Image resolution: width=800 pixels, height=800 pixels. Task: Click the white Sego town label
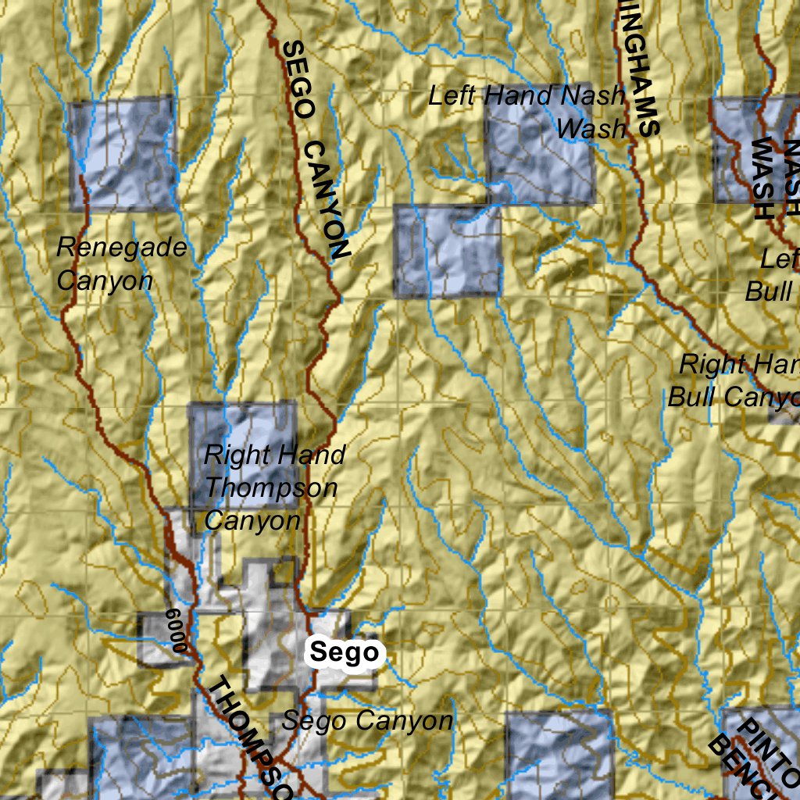(x=344, y=652)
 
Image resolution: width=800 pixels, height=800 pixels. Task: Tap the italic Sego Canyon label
(x=367, y=720)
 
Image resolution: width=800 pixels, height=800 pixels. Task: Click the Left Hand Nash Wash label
(x=528, y=112)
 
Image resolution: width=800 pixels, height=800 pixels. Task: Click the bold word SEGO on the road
(x=296, y=81)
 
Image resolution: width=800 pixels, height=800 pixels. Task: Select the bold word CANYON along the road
(x=327, y=200)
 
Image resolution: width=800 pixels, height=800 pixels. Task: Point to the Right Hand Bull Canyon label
(x=734, y=380)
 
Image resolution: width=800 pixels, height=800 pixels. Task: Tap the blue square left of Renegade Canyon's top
(x=122, y=153)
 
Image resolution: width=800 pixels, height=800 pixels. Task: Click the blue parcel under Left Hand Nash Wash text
(x=447, y=252)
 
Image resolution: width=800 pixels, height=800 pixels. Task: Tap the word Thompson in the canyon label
(x=271, y=488)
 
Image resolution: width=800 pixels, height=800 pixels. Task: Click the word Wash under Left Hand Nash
(x=592, y=129)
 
